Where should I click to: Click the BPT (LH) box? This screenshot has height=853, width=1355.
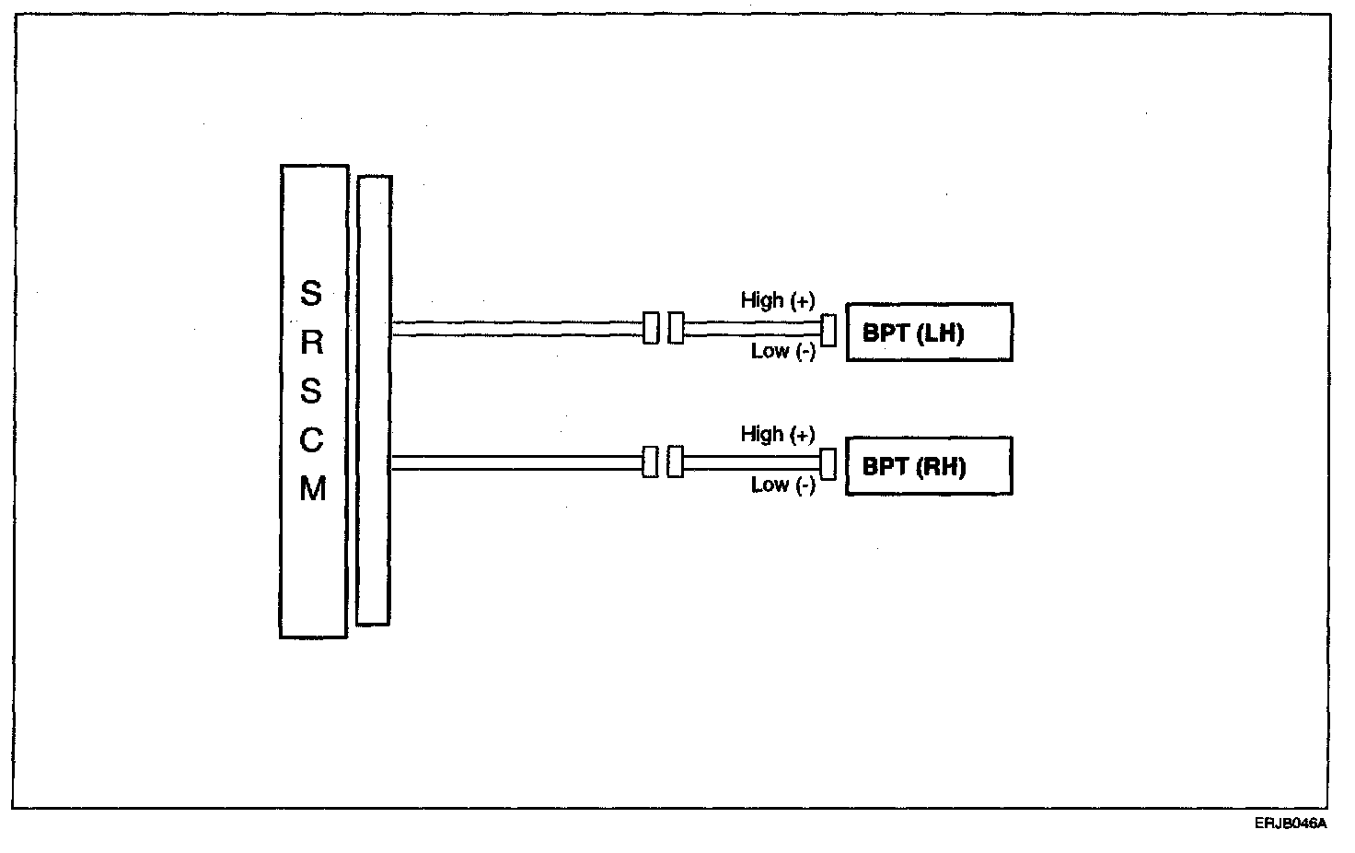[929, 333]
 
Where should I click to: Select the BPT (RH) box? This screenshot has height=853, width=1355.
[929, 466]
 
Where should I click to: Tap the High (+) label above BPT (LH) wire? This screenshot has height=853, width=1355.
[777, 300]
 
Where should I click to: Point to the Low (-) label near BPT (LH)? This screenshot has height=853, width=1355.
[782, 351]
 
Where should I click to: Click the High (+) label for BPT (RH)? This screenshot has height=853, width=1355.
[777, 434]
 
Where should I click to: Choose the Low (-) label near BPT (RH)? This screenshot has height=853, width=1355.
[782, 485]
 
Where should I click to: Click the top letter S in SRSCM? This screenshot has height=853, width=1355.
[312, 294]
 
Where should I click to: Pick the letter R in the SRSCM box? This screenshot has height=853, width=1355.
[312, 344]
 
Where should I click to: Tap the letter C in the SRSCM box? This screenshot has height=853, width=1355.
[312, 441]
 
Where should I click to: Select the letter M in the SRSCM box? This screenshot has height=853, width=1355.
[312, 490]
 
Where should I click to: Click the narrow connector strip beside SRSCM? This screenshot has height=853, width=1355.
[374, 401]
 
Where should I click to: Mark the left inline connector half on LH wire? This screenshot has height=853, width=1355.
[651, 328]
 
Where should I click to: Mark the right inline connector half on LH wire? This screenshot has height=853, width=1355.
[676, 328]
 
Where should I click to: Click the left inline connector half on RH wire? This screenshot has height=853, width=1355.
[650, 462]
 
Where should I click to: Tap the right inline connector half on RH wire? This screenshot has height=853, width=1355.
[676, 462]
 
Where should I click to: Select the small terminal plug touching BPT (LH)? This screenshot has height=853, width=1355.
[828, 331]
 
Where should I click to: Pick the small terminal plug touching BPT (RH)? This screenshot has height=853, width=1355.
[828, 464]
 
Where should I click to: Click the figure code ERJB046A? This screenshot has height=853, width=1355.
[1290, 824]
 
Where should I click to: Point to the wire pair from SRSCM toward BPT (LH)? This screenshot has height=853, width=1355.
[515, 328]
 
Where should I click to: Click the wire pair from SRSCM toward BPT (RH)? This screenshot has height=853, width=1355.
[515, 462]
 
